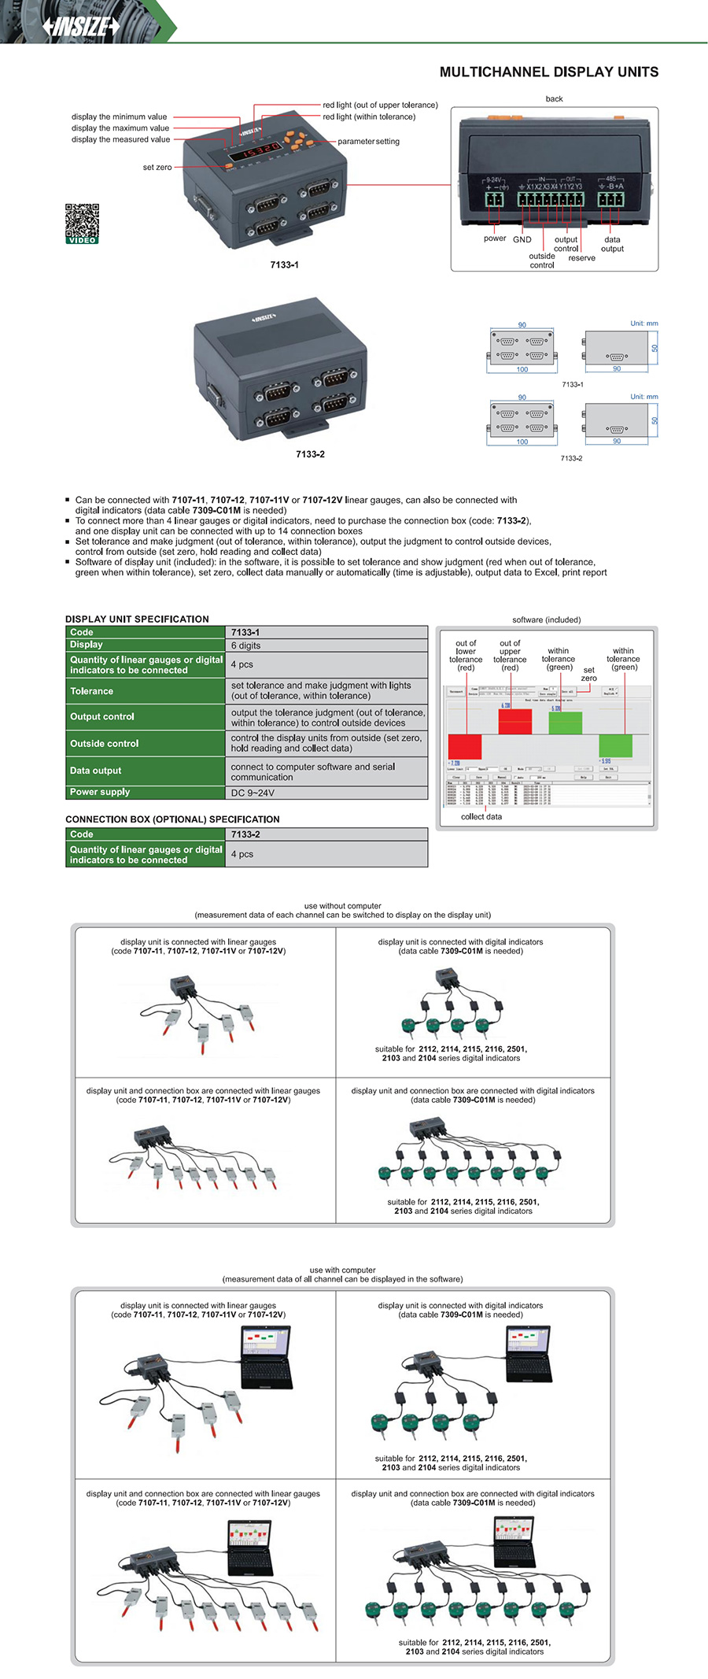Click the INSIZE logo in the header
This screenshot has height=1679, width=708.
click(x=81, y=26)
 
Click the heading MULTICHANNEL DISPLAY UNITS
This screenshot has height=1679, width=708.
click(x=548, y=72)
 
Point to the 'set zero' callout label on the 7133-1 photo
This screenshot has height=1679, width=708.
click(x=157, y=167)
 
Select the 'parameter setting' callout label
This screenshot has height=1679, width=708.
click(x=368, y=142)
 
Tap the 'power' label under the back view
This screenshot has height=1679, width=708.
click(x=495, y=239)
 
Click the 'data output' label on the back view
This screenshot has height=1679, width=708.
click(x=612, y=244)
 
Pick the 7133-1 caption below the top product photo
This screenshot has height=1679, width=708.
click(x=284, y=264)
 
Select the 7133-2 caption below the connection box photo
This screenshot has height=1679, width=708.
click(x=310, y=454)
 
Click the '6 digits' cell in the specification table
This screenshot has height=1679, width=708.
click(x=245, y=645)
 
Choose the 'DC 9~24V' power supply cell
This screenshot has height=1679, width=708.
click(x=253, y=793)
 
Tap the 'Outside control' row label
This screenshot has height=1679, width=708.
click(x=104, y=743)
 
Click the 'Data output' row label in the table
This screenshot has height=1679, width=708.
click(x=95, y=771)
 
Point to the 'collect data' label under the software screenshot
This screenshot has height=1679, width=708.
click(x=481, y=816)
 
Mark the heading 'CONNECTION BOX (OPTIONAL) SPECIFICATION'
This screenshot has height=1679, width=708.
click(x=172, y=819)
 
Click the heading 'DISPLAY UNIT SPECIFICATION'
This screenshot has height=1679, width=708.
click(x=137, y=619)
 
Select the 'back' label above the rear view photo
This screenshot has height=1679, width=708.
click(x=554, y=99)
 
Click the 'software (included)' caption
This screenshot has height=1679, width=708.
click(x=546, y=619)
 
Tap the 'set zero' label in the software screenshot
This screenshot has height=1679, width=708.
click(x=588, y=674)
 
